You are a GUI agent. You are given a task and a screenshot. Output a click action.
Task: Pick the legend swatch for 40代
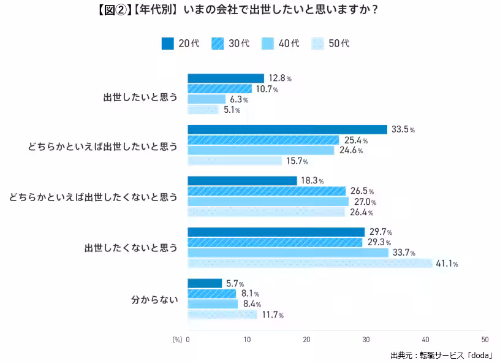click(268, 44)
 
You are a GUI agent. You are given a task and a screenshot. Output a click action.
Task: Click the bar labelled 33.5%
click(287, 129)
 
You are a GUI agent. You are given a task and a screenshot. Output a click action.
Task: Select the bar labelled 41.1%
click(310, 264)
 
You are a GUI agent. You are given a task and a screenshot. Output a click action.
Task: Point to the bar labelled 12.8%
click(225, 78)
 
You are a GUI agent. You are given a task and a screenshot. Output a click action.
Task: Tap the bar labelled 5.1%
click(203, 110)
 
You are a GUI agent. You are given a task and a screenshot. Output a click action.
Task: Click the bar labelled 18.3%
click(242, 181)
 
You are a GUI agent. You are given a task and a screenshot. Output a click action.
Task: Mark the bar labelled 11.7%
click(222, 315)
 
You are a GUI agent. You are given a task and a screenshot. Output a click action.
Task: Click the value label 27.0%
click(365, 202)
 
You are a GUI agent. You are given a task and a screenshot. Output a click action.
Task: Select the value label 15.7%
click(296, 161)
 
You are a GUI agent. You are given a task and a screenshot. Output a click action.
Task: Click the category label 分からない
click(154, 300)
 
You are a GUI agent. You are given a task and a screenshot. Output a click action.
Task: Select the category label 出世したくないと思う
click(131, 248)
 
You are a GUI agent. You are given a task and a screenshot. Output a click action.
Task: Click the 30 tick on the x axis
click(366, 339)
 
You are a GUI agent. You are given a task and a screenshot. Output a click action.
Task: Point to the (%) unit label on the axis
click(177, 339)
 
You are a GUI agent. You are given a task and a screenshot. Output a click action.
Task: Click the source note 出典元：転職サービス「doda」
click(442, 355)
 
